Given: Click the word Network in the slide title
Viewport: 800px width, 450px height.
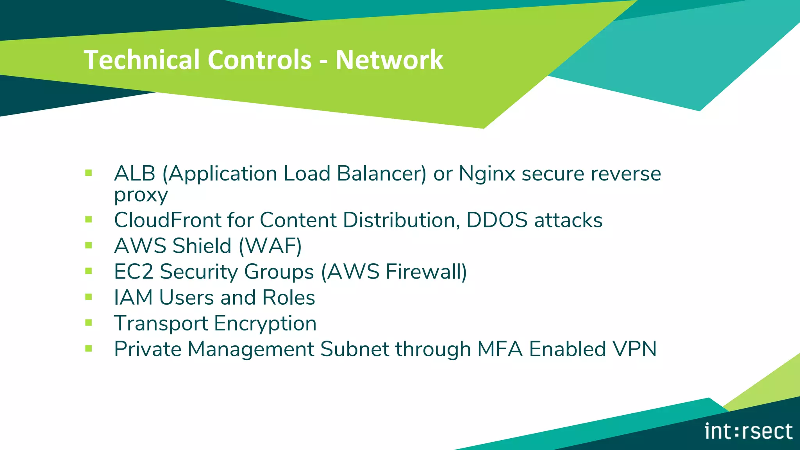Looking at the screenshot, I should (x=389, y=60).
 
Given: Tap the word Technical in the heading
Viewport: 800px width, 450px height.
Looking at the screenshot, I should (x=142, y=60).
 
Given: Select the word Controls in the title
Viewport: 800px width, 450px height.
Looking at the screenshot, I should (x=260, y=60).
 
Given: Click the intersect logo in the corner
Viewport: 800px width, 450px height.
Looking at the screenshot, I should (x=748, y=431).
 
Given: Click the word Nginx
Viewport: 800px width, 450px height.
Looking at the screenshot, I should (x=487, y=174).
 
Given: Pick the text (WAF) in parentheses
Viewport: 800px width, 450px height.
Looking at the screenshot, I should (x=270, y=246).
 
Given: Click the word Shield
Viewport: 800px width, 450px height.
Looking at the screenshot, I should (x=202, y=246).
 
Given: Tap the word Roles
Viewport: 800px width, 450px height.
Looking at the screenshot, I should (x=289, y=297).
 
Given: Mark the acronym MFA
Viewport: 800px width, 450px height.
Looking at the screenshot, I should (x=500, y=349).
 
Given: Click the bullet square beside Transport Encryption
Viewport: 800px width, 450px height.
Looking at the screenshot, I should (x=89, y=323).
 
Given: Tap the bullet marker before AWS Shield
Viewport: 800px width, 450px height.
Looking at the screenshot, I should (x=89, y=245).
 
